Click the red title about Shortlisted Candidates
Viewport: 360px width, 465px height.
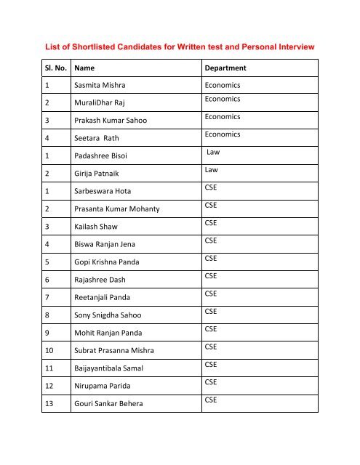tap(180, 46)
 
